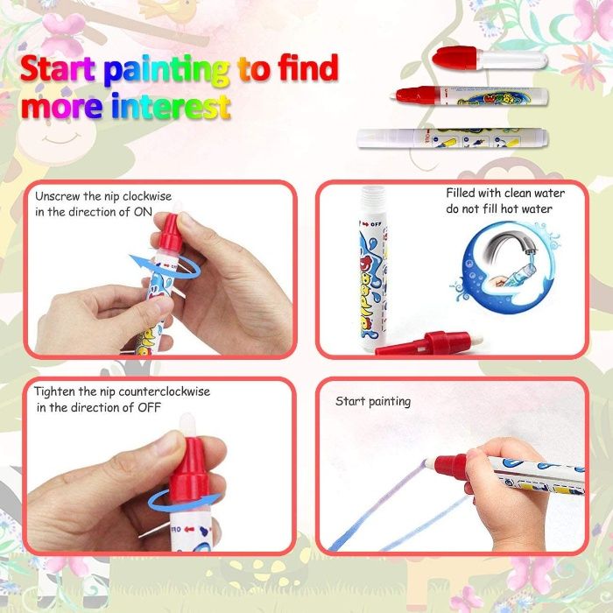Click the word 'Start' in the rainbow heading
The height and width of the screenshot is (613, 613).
pyautogui.click(x=58, y=69)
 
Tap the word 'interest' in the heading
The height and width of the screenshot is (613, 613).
pyautogui.click(x=171, y=106)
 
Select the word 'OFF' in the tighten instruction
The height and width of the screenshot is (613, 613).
pyautogui.click(x=150, y=407)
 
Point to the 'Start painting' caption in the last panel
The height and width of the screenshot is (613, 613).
pyautogui.click(x=373, y=401)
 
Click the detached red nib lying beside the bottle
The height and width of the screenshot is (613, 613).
pyautogui.click(x=428, y=342)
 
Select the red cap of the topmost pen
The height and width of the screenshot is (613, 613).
pyautogui.click(x=454, y=59)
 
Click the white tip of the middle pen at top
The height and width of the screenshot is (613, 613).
pyautogui.click(x=393, y=95)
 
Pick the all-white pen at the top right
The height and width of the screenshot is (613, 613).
pyautogui.click(x=453, y=138)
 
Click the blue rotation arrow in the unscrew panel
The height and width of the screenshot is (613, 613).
pyautogui.click(x=165, y=265)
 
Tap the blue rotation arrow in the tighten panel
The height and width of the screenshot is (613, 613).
pyautogui.click(x=184, y=502)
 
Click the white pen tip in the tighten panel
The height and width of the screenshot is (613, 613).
pyautogui.click(x=187, y=426)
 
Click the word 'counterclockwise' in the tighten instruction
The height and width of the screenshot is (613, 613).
pyautogui.click(x=165, y=391)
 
